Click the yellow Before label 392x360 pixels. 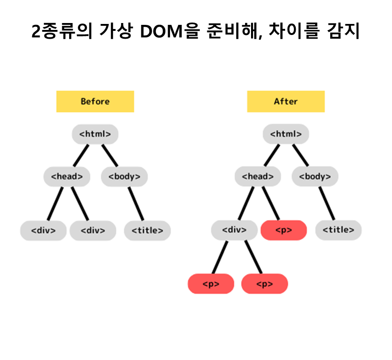95,101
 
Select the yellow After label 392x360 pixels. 286,101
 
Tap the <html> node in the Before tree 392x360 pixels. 95,134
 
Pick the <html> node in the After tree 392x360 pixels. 286,134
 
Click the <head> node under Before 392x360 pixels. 67,176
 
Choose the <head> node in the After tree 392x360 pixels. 257,176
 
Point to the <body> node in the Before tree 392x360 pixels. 124,176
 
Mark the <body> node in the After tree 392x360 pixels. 315,176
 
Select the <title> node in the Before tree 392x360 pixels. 147,231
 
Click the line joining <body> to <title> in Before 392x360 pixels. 136,203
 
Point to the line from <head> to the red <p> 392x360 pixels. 271,203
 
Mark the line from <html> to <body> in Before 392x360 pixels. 110,156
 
